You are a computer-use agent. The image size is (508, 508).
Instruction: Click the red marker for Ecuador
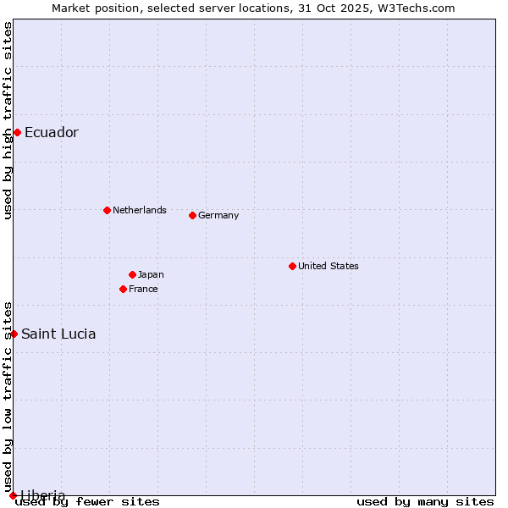tap(17, 132)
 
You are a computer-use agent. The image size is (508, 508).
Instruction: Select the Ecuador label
tap(51, 132)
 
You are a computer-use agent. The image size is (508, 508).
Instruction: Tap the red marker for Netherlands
tap(107, 210)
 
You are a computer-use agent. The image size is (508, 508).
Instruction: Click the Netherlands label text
tap(139, 210)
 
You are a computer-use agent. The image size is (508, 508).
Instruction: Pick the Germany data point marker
tap(192, 215)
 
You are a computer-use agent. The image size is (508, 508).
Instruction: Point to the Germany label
tap(218, 215)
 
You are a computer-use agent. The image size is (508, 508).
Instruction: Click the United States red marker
tap(292, 266)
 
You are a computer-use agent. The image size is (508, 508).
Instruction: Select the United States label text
tap(328, 266)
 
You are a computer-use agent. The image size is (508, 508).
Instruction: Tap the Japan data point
tap(132, 274)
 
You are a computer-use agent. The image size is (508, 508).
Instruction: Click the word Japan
tap(151, 274)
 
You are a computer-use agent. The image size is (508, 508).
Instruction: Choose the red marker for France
tap(123, 289)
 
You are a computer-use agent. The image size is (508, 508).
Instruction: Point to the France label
tap(143, 289)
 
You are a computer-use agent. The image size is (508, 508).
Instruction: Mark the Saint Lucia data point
tap(14, 334)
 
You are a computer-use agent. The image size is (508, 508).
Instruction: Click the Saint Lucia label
tap(58, 334)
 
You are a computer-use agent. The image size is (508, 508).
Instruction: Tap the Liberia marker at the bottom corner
tap(13, 495)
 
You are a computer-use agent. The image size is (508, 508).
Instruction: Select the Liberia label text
tap(42, 495)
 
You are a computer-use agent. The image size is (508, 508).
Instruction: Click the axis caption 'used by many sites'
tap(425, 501)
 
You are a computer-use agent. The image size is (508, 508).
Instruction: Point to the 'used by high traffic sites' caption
tap(8, 120)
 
